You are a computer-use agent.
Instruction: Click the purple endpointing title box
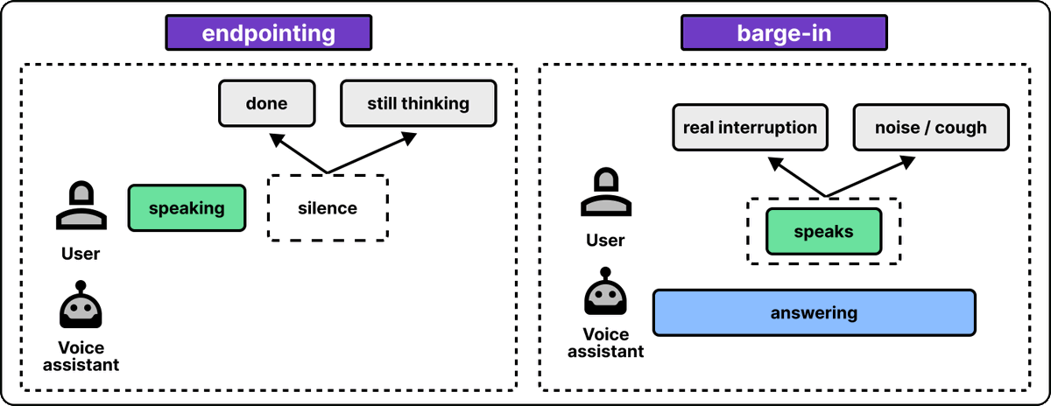268,32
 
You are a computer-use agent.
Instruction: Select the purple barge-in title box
784,32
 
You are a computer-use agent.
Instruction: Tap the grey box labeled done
266,103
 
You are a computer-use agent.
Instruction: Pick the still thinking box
418,103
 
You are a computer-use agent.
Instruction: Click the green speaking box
187,207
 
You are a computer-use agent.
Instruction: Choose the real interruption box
750,127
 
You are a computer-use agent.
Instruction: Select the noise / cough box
931,127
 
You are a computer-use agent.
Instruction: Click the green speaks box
823,231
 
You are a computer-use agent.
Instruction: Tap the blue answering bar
814,312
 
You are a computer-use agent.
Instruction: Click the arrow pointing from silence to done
298,153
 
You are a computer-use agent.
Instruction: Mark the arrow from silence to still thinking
372,153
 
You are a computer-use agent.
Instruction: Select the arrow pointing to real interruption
797,177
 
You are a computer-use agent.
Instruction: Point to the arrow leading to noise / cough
871,177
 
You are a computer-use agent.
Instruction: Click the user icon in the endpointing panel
81,205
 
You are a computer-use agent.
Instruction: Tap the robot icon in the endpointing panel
81,304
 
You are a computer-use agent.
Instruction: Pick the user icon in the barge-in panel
606,192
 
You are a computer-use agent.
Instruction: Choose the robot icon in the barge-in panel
605,291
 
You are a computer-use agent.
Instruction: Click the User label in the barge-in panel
605,241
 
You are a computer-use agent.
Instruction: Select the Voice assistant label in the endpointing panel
81,356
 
